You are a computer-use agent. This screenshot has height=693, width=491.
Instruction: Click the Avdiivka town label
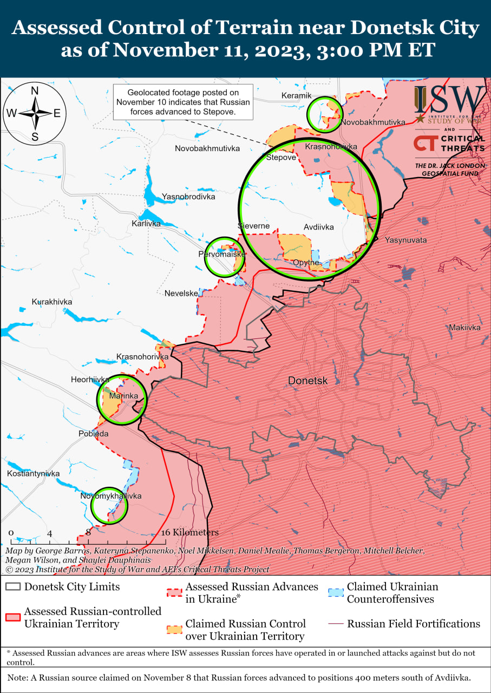tap(318, 227)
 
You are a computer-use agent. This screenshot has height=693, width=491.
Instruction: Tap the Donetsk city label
tap(307, 381)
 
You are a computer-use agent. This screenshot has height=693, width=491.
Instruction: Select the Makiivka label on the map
tap(464, 328)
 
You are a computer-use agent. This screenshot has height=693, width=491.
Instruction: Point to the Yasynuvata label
tap(405, 240)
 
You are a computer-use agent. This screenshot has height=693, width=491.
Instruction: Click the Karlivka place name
tap(146, 223)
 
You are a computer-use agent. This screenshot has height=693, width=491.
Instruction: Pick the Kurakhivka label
tap(52, 302)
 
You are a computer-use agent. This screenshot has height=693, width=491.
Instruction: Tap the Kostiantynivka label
tap(33, 474)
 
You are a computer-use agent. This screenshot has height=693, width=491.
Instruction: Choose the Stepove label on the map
tap(281, 158)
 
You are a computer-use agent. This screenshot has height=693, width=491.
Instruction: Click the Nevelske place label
tap(181, 293)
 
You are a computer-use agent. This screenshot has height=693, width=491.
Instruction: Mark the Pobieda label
tap(94, 434)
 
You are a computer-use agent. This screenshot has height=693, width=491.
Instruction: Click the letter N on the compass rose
tap(35, 91)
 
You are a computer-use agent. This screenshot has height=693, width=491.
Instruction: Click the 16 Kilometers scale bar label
tap(189, 533)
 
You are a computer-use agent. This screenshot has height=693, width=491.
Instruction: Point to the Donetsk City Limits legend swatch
tap(13, 587)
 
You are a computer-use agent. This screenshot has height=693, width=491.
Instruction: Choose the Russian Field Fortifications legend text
tap(413, 624)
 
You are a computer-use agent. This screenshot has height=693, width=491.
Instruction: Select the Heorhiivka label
tap(90, 380)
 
